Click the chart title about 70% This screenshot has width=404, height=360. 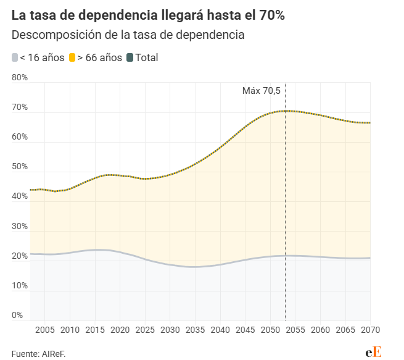point(148,15)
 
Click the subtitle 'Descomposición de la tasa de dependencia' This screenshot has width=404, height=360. point(128,35)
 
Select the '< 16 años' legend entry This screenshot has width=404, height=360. point(38,57)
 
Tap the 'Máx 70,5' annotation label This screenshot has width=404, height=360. point(261,91)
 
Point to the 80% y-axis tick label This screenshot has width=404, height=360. point(20,77)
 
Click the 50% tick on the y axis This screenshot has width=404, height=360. point(20,167)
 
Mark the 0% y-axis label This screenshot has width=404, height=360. point(17,315)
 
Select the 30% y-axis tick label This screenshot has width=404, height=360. point(20,226)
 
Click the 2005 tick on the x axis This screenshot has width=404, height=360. point(45,329)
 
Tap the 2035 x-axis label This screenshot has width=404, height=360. point(195,329)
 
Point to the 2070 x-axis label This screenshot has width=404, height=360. point(370,329)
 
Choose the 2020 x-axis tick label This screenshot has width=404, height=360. point(120,329)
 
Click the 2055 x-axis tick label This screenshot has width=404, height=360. point(295,329)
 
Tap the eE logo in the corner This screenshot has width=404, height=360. point(373,351)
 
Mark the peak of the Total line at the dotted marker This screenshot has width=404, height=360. point(285,111)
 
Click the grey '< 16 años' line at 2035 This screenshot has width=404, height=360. point(195,267)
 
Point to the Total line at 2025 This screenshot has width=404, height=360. point(145,178)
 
